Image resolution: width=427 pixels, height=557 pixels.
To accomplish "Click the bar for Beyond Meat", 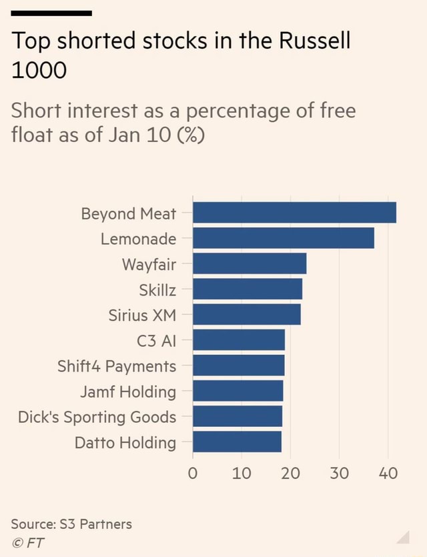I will click(x=294, y=213).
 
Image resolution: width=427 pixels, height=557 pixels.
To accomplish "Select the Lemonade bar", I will click(x=284, y=238).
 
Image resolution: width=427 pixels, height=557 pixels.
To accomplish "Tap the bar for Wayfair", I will click(x=250, y=264).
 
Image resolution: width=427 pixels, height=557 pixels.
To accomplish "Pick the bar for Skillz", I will click(x=248, y=290).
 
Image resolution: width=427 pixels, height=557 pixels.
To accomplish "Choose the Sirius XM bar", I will click(x=247, y=315).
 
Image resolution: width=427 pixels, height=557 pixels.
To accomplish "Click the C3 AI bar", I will click(x=239, y=340).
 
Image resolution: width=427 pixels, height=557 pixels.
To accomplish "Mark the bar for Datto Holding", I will click(x=237, y=442).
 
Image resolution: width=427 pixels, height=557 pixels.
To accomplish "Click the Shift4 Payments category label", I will click(x=117, y=366).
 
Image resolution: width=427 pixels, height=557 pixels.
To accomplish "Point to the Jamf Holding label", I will click(x=128, y=392).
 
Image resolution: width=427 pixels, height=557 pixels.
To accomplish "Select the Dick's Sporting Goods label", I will click(x=97, y=418).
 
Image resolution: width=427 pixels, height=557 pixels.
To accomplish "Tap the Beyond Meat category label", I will click(x=128, y=213).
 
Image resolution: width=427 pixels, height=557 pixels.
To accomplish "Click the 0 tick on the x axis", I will click(x=193, y=474).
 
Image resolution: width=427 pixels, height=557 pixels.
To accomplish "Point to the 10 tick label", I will click(x=242, y=474).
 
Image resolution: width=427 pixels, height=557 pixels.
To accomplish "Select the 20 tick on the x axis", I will click(x=290, y=474).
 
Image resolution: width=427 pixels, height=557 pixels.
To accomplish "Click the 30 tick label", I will click(x=340, y=474).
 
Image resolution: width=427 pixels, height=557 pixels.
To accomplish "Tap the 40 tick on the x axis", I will click(x=388, y=474).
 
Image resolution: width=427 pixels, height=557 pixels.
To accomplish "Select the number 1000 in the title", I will click(x=39, y=69).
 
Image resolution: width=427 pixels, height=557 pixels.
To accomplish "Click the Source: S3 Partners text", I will click(x=72, y=524).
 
